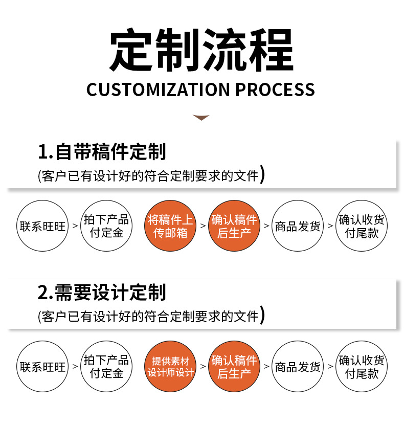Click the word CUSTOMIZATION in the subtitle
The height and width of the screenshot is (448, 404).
pos(159,89)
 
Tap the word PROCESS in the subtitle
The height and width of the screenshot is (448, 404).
pos(275,89)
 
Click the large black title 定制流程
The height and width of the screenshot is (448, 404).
pos(201,50)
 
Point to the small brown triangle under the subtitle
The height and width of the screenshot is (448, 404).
pos(201,118)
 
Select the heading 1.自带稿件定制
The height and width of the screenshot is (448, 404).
pos(102,152)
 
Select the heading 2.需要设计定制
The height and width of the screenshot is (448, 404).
pos(102,293)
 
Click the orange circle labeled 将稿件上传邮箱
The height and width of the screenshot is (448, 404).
pos(170,226)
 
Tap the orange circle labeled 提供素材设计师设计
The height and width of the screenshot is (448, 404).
pos(170,366)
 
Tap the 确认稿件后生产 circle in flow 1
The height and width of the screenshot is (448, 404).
pos(234,226)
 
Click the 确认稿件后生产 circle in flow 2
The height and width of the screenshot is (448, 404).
pos(234,366)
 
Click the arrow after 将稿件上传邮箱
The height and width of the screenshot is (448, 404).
pos(203,226)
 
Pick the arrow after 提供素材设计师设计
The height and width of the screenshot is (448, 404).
pos(203,366)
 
